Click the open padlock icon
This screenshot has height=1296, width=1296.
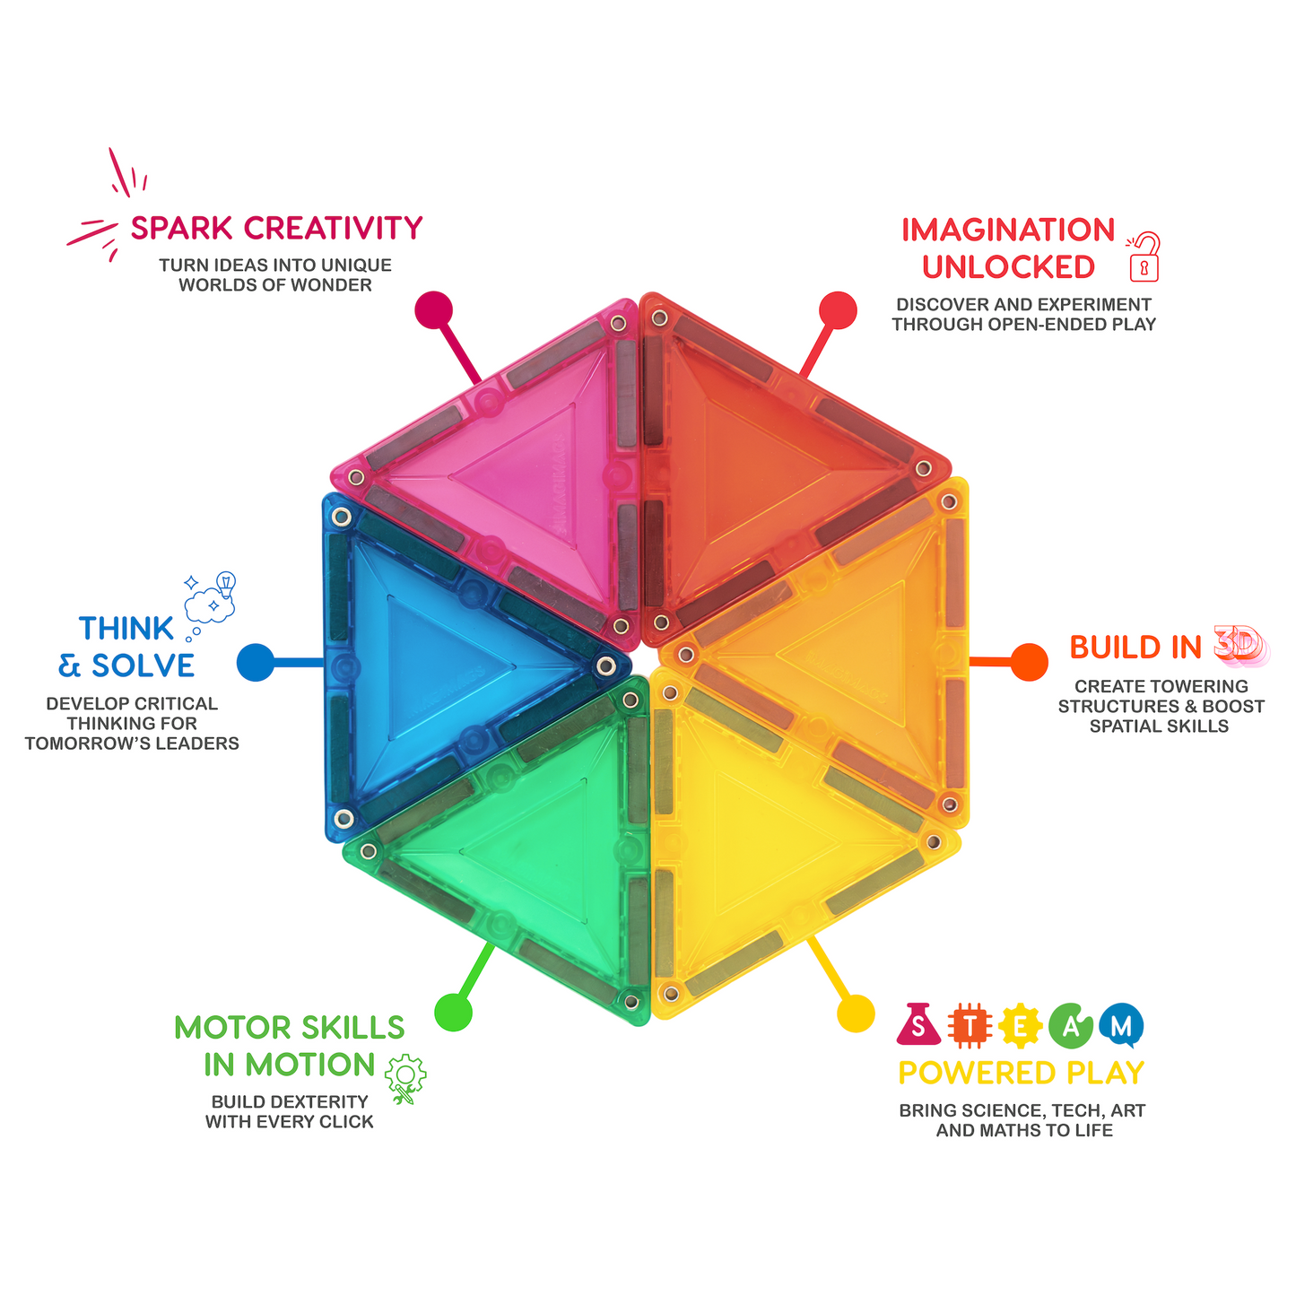point(1144,257)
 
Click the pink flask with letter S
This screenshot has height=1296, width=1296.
point(918,1025)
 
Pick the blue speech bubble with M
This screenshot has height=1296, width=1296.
point(1121,1026)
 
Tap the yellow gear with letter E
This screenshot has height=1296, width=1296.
point(1020,1026)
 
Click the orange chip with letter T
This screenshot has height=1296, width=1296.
point(970,1026)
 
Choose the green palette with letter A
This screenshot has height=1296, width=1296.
point(1071,1026)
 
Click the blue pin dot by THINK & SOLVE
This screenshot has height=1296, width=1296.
point(256,663)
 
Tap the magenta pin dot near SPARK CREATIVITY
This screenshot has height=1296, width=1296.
point(434,310)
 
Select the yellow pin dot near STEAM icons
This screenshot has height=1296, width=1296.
point(856,1013)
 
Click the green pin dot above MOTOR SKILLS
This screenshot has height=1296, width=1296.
point(453,1013)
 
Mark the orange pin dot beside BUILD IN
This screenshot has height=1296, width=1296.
point(1029,662)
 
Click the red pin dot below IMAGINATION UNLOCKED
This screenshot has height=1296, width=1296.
point(838,310)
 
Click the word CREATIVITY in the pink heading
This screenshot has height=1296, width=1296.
point(333,228)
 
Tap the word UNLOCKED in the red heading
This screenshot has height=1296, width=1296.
point(1009,267)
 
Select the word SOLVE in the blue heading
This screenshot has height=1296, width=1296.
point(144,665)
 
